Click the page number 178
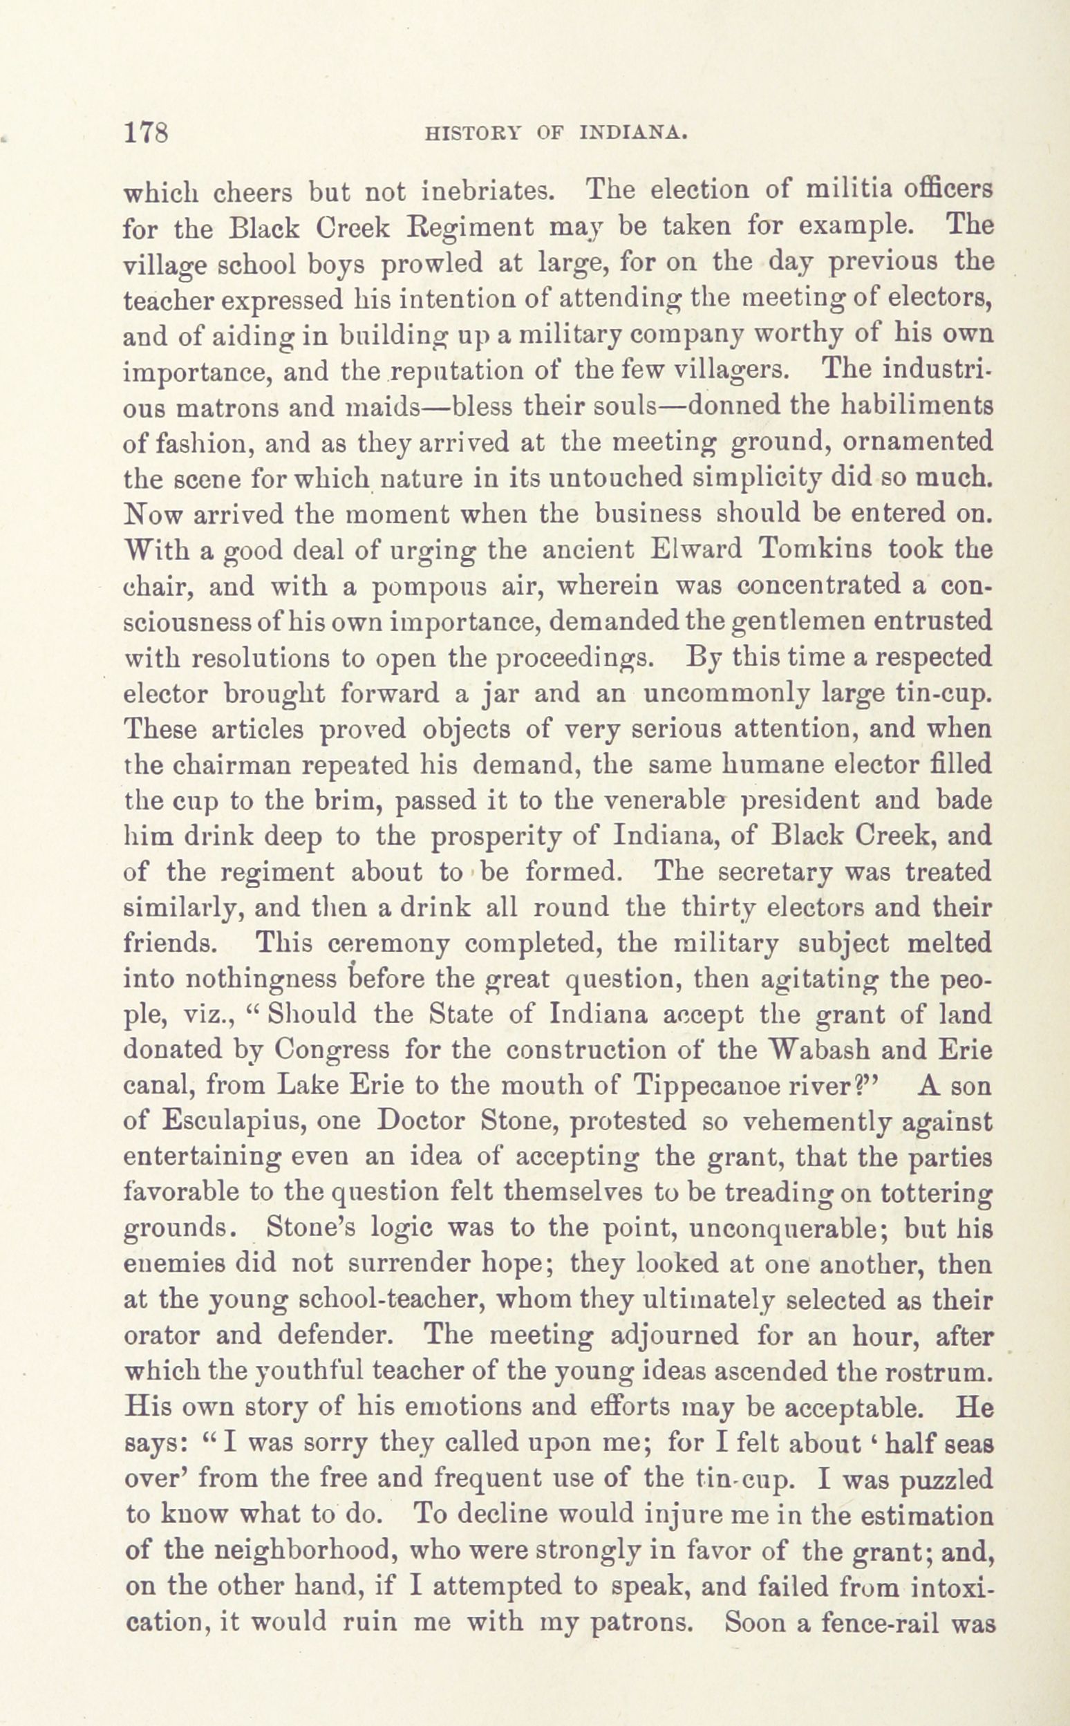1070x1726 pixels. click(x=145, y=132)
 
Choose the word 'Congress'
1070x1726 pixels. click(x=332, y=1049)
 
